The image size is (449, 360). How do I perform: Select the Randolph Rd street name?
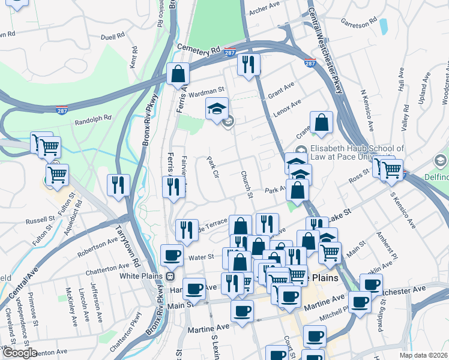coord(94,121)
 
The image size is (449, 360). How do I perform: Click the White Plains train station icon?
coord(170,277)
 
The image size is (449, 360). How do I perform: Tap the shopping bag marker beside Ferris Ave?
coord(178,75)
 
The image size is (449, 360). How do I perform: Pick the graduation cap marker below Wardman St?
coord(217,109)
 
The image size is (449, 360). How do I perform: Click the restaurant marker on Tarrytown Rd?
coord(118,184)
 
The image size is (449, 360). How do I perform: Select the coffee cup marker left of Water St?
coord(172,256)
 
